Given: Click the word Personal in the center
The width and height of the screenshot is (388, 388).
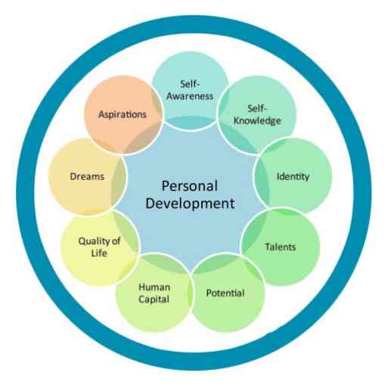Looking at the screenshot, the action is click(x=190, y=186).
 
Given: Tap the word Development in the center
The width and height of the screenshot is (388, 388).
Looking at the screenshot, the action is click(x=191, y=203).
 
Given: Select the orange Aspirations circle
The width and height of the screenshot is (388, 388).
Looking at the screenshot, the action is click(x=123, y=115).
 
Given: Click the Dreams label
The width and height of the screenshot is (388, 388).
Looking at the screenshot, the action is click(x=87, y=176).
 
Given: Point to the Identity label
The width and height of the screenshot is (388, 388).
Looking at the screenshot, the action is click(x=293, y=176).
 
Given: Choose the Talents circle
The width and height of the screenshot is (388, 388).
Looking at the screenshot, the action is click(x=281, y=247).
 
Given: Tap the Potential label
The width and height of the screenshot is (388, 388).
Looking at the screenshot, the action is click(x=225, y=293).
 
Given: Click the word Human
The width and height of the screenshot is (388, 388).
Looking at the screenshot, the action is click(x=154, y=287).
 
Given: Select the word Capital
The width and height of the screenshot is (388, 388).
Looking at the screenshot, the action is click(x=154, y=300).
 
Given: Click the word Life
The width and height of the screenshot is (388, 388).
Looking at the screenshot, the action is click(x=99, y=253).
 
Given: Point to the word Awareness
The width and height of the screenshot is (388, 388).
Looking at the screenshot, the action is click(x=190, y=96).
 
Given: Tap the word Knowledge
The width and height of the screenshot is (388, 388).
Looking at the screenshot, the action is click(x=257, y=121).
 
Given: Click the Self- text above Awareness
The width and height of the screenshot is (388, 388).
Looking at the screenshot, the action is click(x=190, y=84).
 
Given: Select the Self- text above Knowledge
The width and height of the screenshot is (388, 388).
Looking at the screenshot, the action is click(x=257, y=109).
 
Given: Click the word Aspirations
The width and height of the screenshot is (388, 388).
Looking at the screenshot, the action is click(x=123, y=115).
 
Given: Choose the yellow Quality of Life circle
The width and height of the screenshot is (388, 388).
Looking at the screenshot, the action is click(x=100, y=247).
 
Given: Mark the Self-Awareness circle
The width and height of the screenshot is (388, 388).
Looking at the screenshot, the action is click(x=191, y=91).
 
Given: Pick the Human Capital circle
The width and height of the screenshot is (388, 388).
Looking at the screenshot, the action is click(x=154, y=293).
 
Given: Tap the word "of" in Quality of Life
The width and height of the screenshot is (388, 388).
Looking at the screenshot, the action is click(x=116, y=241).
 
